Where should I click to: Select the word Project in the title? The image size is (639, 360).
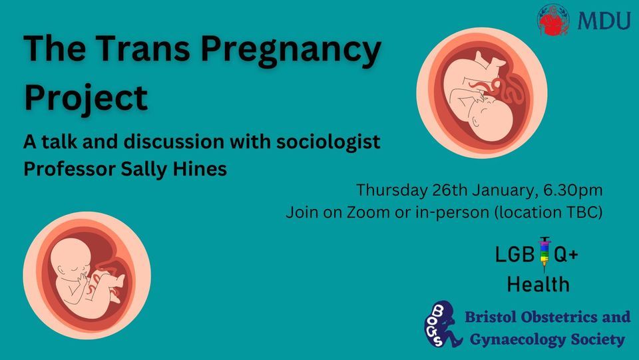point(85,96)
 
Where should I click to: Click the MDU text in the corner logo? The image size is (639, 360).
point(604,21)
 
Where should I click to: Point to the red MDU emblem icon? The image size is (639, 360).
point(554,20)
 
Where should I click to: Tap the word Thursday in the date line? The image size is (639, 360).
point(391,190)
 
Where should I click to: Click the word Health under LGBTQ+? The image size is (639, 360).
point(538,284)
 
